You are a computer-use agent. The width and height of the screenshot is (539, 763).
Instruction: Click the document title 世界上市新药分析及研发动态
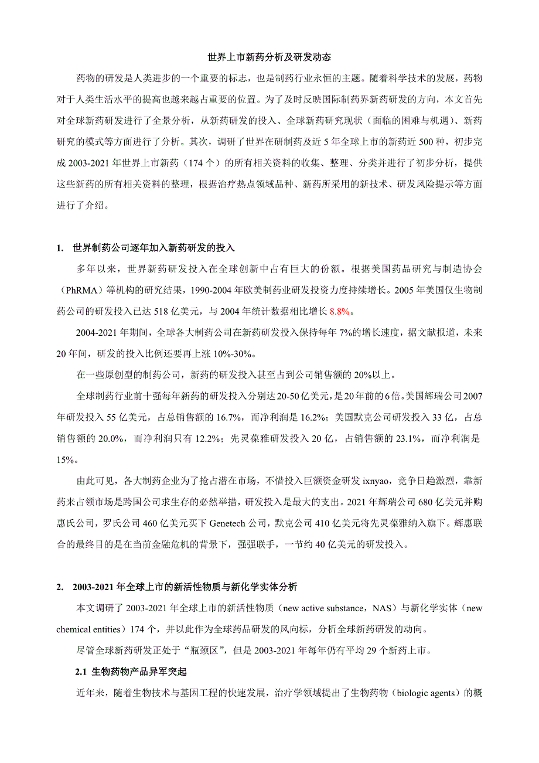(269, 57)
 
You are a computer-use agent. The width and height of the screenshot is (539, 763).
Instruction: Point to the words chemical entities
(88, 629)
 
